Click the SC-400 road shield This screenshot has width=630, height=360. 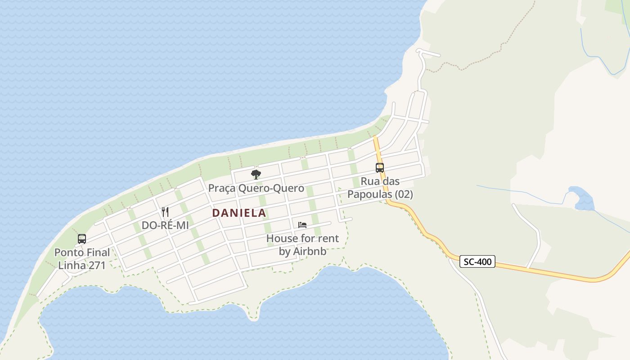tap(477, 261)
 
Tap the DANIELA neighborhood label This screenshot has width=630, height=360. tap(239, 213)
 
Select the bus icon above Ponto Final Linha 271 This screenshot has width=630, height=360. tap(82, 238)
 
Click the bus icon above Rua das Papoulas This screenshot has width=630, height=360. tap(380, 168)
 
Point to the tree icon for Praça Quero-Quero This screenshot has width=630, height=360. tap(256, 175)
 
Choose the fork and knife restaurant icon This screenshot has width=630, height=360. tap(165, 211)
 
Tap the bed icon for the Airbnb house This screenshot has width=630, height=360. tap(302, 225)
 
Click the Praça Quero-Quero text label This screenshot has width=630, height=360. tap(256, 188)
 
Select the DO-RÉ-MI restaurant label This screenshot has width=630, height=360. tap(165, 225)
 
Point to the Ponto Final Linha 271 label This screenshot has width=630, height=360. tap(82, 259)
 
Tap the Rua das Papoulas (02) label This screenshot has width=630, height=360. tap(380, 188)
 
